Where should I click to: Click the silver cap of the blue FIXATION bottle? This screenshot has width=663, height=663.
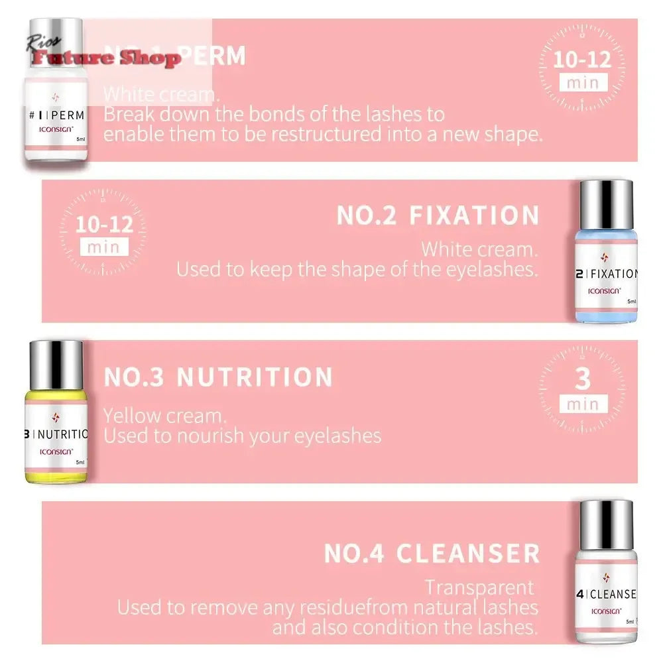coord(606,202)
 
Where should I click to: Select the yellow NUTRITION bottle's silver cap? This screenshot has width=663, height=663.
coord(56,363)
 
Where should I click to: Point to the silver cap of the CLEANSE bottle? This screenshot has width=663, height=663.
coord(606,524)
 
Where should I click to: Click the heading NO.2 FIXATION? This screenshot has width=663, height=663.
coord(438,215)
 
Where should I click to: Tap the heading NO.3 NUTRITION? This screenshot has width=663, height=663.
coord(218,377)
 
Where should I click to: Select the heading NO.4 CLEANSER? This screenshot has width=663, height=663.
coord(432,553)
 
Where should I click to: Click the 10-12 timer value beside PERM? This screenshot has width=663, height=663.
coord(582,60)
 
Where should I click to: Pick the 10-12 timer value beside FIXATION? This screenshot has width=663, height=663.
coord(104,223)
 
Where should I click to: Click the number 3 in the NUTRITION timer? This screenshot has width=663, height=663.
coord(582,380)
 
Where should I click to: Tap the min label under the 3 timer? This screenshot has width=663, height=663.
coord(582,403)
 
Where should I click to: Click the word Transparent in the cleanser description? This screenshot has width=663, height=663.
coord(479,587)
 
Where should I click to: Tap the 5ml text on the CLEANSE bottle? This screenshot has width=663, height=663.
coord(630,621)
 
